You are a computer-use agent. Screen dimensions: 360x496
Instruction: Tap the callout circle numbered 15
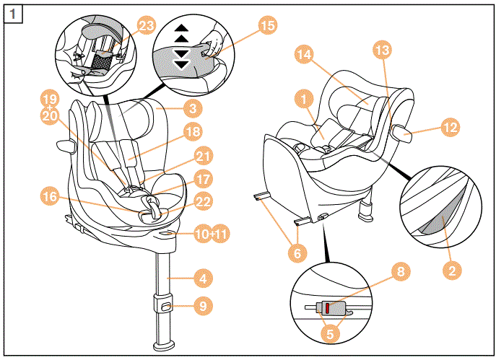(268, 25)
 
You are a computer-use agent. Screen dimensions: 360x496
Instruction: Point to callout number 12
(451, 128)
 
